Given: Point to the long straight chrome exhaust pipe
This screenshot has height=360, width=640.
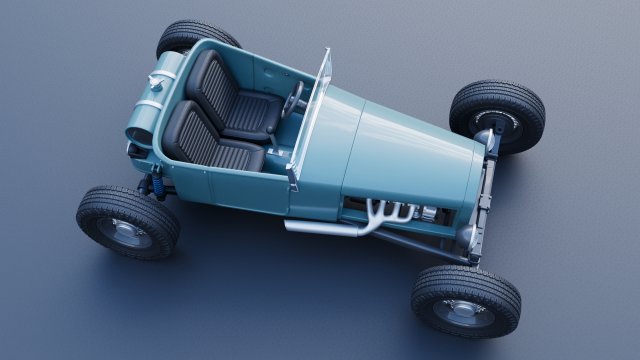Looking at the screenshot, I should pyautogui.click(x=320, y=226).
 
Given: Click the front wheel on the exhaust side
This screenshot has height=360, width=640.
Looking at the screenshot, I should pyautogui.click(x=465, y=300).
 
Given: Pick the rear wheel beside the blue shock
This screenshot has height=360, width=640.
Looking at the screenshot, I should pyautogui.click(x=128, y=220).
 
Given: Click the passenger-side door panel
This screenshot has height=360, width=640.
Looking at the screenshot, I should pyautogui.click(x=245, y=190).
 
